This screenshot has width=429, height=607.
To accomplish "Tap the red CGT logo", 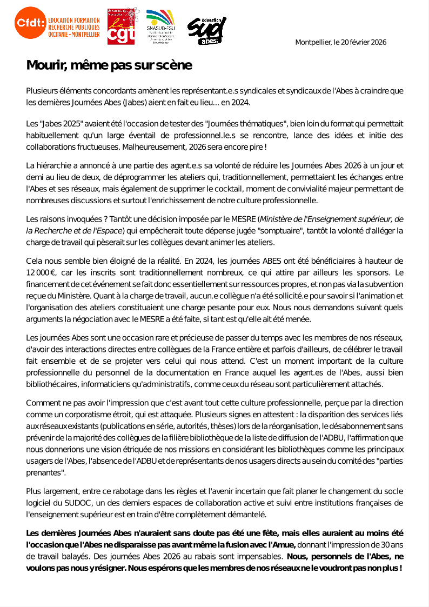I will [121, 26].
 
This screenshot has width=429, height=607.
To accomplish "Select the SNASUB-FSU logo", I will [160, 26].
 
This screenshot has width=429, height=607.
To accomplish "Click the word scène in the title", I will [174, 65].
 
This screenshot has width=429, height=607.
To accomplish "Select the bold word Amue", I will [283, 545].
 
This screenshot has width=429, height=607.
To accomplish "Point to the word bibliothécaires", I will [52, 384].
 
